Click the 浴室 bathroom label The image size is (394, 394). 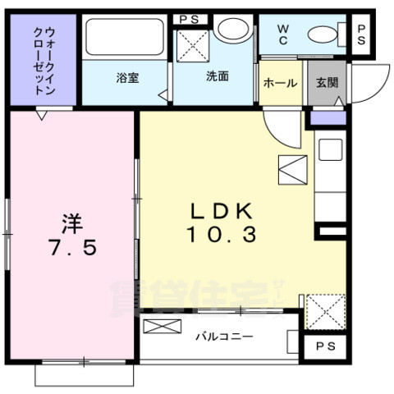coord(126,79)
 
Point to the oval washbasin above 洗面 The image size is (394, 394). coord(235,30)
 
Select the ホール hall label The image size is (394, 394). coord(280,83)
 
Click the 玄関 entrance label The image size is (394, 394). coord(326,83)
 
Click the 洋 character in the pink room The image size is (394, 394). coord(71,222)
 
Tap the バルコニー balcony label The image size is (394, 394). coord(223,337)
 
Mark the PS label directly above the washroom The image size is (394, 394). coord(189,19)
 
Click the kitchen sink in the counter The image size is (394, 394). coord(330,150)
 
